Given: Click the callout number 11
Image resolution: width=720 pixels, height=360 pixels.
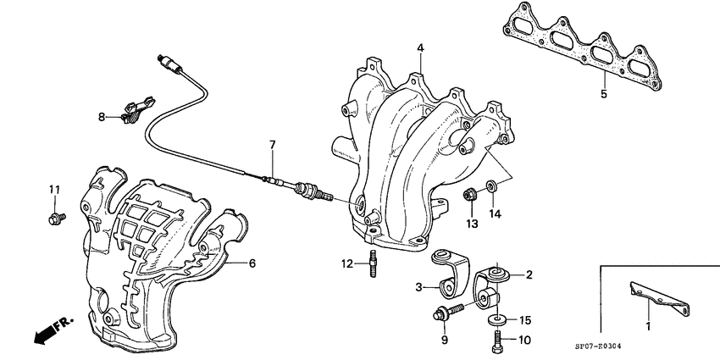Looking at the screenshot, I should coord(53,188).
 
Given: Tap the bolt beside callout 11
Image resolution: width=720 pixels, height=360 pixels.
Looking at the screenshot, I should coord(53,219).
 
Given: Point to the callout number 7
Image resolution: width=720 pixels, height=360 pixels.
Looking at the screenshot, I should coord(273,145).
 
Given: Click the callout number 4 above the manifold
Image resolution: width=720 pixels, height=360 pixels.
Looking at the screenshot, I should coord(419,47).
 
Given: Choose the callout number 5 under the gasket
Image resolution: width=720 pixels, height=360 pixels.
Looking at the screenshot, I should coord(603,94).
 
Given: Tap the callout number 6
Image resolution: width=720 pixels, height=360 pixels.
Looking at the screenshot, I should coord(252,263).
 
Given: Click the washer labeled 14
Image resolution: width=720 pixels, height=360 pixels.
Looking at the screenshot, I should coord(491,186).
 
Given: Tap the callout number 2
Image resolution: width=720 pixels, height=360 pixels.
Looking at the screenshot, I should coord(528,274).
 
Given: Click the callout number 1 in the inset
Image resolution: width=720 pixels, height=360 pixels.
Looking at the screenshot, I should coord(648,325).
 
